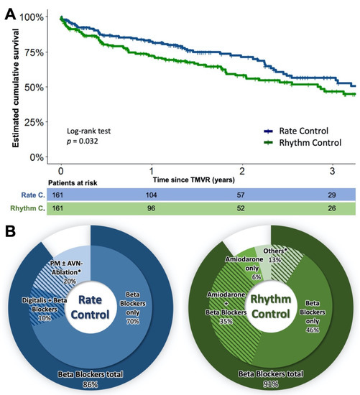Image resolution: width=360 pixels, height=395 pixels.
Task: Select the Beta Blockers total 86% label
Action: [90, 378]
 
